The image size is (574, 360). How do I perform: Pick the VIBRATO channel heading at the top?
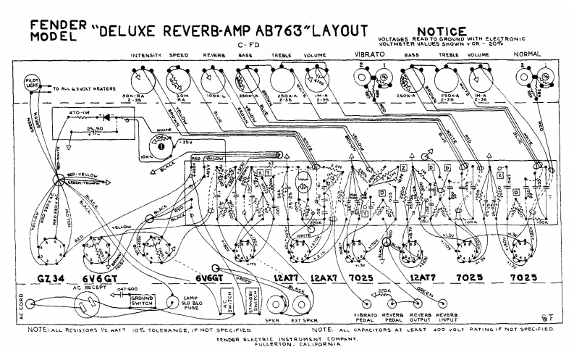pyautogui.click(x=370, y=55)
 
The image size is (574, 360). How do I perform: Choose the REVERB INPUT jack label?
pyautogui.click(x=446, y=319)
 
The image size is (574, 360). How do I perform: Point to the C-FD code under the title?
pyautogui.click(x=248, y=45)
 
